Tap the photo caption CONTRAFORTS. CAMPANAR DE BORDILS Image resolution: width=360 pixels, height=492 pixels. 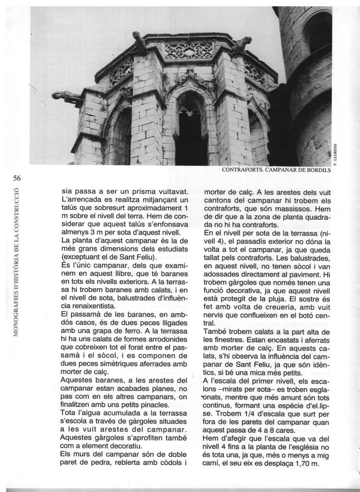(x=276, y=170)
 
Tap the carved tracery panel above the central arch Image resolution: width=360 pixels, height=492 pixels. (x=189, y=50)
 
